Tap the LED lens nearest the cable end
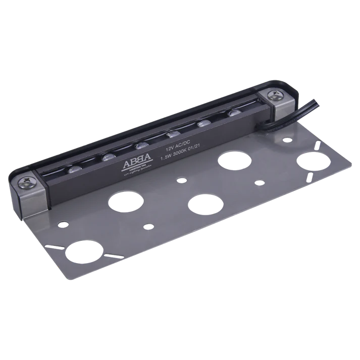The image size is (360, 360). coord(233,114)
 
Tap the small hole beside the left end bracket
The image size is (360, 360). coord(62,222)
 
